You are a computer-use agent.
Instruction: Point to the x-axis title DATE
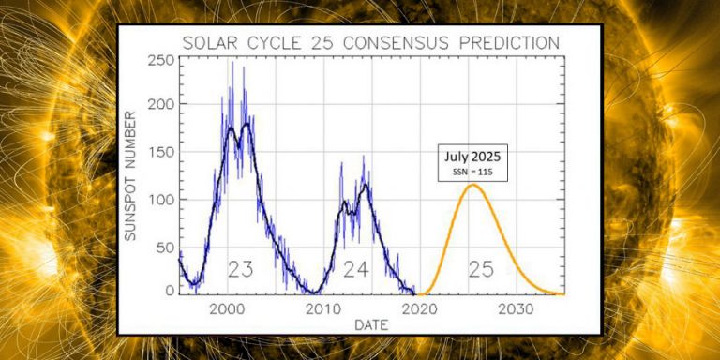pos(373,324)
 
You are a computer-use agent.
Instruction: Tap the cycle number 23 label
pos(241,270)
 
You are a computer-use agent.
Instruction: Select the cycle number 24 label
pos(355,270)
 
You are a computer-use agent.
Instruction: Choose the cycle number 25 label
pos(481,270)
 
